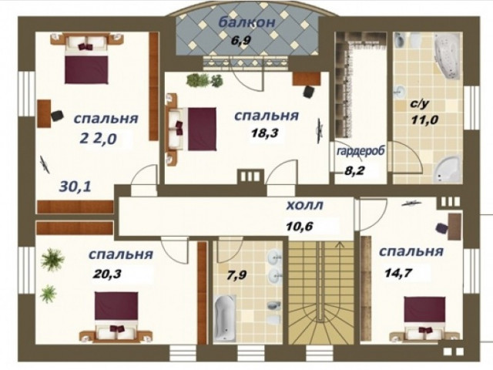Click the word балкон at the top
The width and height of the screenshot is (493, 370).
click(x=246, y=22)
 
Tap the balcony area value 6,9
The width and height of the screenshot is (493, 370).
click(x=240, y=41)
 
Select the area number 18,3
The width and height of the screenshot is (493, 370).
click(x=265, y=133)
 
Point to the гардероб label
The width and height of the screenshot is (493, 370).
click(x=361, y=151)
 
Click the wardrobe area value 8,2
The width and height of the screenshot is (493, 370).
click(x=354, y=171)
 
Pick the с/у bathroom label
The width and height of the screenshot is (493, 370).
click(x=419, y=104)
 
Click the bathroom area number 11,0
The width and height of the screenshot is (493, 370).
click(x=424, y=120)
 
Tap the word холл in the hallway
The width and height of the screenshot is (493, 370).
click(x=304, y=206)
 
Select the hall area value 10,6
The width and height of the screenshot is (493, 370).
click(x=300, y=226)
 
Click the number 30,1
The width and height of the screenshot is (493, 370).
click(x=75, y=187)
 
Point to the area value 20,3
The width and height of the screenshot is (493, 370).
click(x=107, y=274)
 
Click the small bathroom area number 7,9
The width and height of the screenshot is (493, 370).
click(x=236, y=275)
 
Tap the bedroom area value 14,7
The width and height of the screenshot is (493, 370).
click(x=398, y=273)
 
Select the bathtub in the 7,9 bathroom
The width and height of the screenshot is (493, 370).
click(x=224, y=318)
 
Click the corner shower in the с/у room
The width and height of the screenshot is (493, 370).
click(x=447, y=169)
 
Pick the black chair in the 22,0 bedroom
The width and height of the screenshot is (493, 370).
click(x=57, y=115)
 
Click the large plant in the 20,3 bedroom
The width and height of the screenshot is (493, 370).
click(x=52, y=259)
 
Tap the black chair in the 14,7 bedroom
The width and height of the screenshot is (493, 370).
click(x=442, y=228)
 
